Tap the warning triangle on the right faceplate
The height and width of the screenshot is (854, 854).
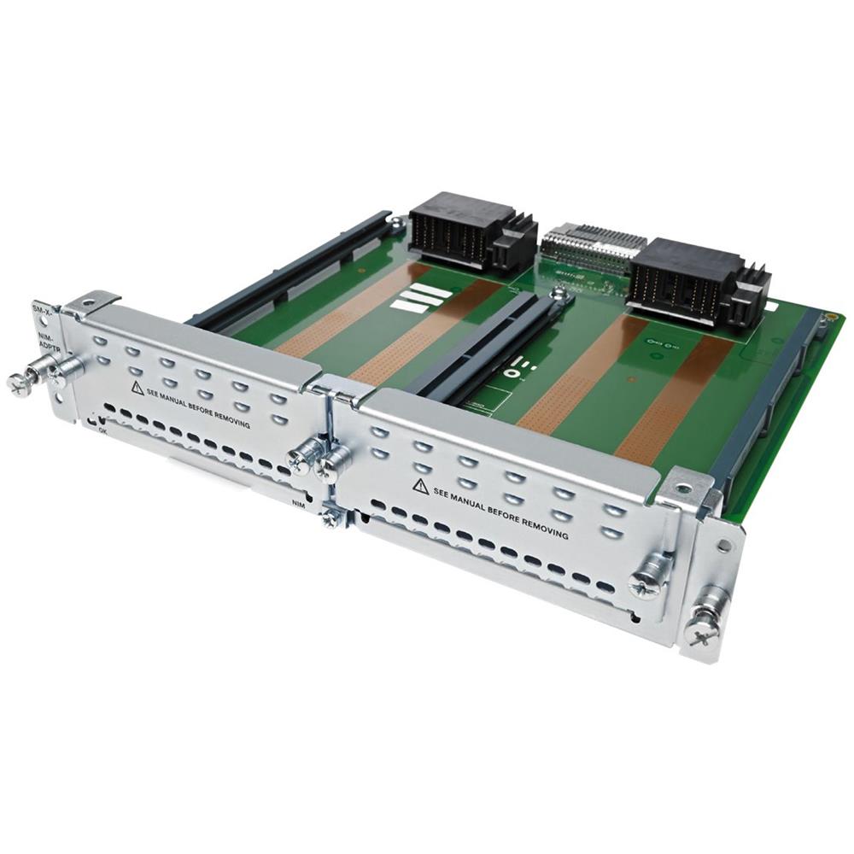(420, 486)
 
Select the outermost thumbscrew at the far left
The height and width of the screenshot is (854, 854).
(19, 383)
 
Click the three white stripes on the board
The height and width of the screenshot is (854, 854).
(418, 299)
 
